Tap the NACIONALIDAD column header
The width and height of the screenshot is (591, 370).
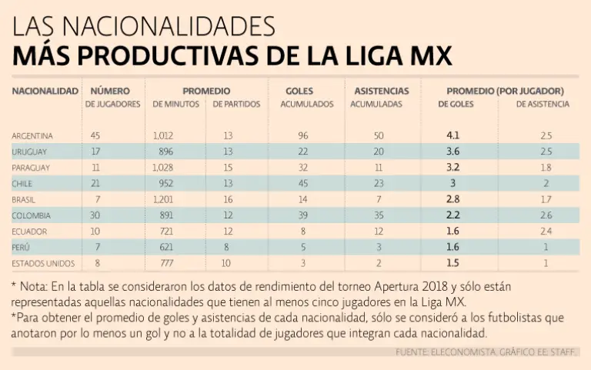(45, 91)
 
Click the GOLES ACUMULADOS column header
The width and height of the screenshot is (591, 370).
(302, 97)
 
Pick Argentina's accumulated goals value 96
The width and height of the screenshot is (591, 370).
(302, 135)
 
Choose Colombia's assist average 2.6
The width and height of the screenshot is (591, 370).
(546, 215)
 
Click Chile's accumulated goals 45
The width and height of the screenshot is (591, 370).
(302, 183)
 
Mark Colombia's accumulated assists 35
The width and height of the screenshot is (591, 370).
(379, 215)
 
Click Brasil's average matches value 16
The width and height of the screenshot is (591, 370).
(229, 199)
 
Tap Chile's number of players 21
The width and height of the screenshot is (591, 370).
(95, 183)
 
